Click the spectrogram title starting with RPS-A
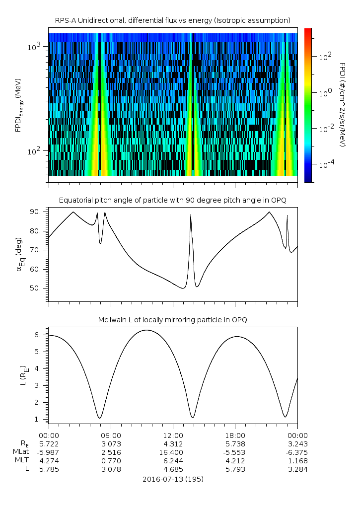point(173,20)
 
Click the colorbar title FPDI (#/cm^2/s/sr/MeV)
point(343,105)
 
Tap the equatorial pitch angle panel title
point(173,200)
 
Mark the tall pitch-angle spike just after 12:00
point(191,215)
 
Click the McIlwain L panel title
point(173,319)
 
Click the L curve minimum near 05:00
point(100,418)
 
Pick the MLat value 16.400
point(173,452)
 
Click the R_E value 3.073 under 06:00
point(111,443)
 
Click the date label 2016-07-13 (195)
point(173,479)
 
